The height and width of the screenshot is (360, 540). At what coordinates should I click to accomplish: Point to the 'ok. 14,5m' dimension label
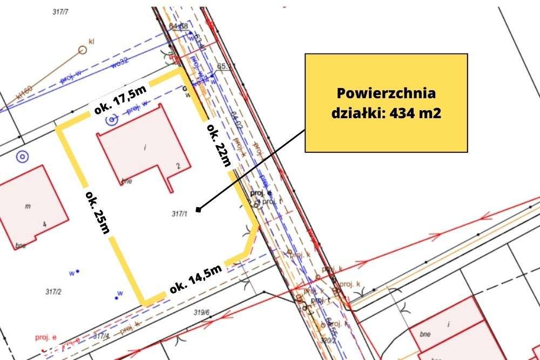(195, 279)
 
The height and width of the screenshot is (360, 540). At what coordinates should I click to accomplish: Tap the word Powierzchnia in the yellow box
(386, 93)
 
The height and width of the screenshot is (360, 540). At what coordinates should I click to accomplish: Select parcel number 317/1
(179, 213)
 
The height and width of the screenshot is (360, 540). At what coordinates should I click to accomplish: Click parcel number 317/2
(52, 291)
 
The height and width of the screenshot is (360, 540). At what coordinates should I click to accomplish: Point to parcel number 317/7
(60, 12)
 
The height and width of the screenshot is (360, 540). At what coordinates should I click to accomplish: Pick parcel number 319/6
(201, 311)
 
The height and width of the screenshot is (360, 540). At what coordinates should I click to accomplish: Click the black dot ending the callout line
(199, 209)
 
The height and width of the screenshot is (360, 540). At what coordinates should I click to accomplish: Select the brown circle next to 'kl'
(83, 50)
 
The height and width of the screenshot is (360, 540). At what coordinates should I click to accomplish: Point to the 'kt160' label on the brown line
(24, 92)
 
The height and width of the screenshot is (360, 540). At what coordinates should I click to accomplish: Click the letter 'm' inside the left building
(28, 206)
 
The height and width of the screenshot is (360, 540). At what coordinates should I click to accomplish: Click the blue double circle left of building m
(22, 157)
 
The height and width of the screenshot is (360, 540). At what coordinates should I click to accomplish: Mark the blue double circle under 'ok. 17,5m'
(112, 120)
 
